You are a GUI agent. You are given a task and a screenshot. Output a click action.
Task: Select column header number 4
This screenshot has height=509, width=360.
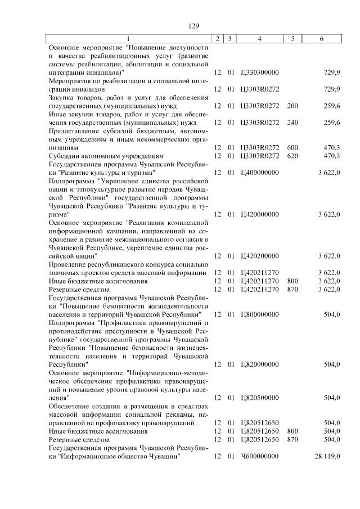tap(259, 38)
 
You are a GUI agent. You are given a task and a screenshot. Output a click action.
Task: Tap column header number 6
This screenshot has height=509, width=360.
tap(321, 38)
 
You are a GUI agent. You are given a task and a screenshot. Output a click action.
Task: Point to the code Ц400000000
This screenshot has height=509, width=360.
tap(259, 173)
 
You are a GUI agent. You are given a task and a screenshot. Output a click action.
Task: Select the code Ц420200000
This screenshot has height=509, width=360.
tap(259, 256)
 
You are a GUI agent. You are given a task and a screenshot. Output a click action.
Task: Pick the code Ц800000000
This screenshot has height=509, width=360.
tap(259, 314)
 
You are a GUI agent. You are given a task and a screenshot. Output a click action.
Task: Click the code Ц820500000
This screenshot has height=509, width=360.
tap(259, 398)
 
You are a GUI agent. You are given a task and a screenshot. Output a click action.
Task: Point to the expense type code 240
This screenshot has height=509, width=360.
tap(292, 123)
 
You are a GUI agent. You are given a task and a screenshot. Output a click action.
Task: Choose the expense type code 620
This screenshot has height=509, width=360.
tap(292, 156)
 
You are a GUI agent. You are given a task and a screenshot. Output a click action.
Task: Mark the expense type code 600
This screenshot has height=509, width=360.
tap(292, 147)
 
